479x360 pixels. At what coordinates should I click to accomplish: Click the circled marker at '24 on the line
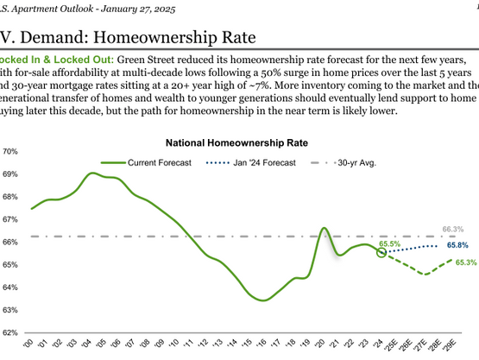382,252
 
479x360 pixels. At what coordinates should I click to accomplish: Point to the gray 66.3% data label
453,230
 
